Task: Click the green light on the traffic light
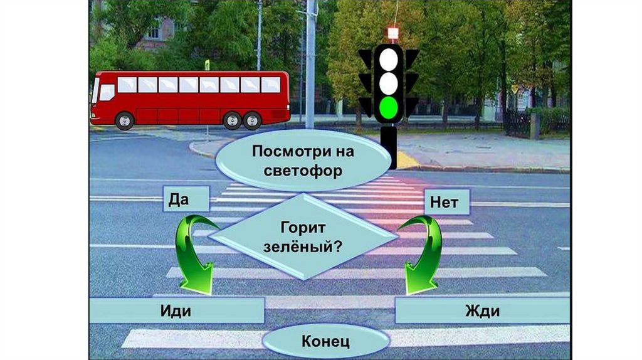(x=389, y=108)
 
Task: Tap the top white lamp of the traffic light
(x=389, y=58)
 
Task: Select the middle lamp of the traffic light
(x=389, y=83)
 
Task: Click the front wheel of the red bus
(x=125, y=120)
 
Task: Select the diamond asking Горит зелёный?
(x=303, y=235)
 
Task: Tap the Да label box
(x=186, y=199)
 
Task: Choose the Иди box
(x=176, y=310)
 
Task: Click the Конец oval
(x=325, y=342)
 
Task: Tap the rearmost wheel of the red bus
(x=252, y=120)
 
